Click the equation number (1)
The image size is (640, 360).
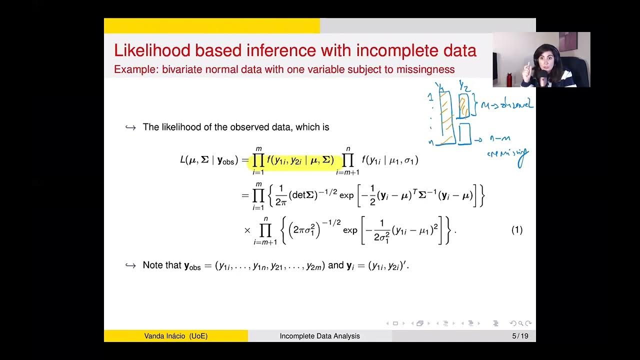point(516,230)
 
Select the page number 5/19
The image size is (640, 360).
point(520,336)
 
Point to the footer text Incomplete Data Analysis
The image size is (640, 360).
point(319,336)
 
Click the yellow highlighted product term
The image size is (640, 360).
point(295,161)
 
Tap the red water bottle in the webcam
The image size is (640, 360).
point(509,79)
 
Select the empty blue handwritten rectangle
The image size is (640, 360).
point(464,134)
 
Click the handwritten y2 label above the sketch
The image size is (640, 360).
point(464,86)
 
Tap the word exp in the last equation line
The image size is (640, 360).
point(350,230)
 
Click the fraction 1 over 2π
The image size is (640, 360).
point(281,195)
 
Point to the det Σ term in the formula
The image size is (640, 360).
point(303,195)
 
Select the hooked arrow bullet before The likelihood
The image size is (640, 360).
point(130,127)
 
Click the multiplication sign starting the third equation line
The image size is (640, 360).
point(247,230)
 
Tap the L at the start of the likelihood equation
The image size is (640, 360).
point(183,160)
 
